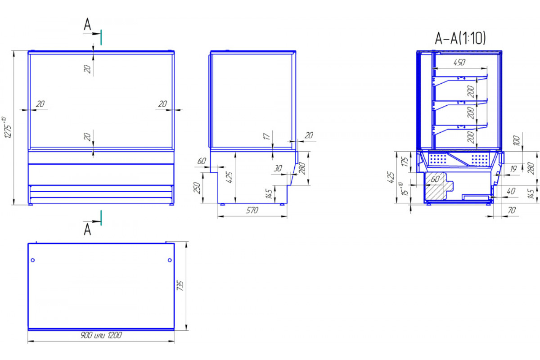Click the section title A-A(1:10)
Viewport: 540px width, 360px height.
click(460, 38)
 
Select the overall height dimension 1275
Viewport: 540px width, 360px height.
click(8, 128)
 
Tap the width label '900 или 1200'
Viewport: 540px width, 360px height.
click(101, 335)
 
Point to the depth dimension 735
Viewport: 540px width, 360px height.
click(180, 285)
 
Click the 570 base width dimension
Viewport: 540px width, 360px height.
click(252, 211)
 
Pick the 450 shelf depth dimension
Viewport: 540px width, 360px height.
click(459, 63)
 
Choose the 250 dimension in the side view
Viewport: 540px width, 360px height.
click(197, 188)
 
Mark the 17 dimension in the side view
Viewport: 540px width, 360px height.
click(266, 136)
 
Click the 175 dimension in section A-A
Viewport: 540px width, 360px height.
click(405, 162)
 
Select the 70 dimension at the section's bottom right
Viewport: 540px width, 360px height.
click(512, 211)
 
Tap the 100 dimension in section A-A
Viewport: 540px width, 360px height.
click(516, 140)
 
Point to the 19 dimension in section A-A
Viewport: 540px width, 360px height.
click(513, 169)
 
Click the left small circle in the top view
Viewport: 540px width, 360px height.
click(33, 260)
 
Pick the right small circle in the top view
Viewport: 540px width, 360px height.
click(170, 260)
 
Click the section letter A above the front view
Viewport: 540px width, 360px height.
click(87, 24)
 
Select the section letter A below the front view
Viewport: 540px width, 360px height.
click(87, 229)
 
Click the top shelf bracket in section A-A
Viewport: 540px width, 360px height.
click(459, 80)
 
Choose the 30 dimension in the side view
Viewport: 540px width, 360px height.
click(278, 168)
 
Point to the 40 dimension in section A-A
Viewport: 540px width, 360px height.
click(511, 191)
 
